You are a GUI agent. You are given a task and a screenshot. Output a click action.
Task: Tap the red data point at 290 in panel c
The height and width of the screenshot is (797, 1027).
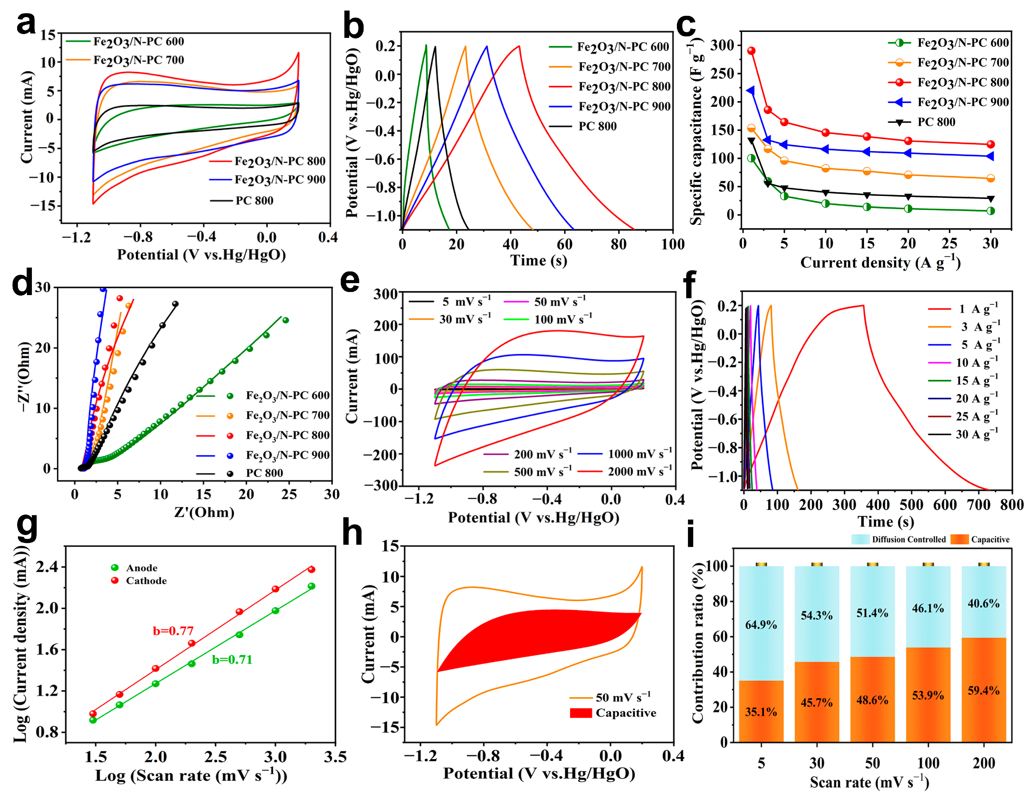point(751,51)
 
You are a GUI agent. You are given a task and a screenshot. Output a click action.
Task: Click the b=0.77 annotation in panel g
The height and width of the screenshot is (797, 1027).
point(173,631)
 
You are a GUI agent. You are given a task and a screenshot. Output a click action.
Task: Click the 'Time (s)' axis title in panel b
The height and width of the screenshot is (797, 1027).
point(539,260)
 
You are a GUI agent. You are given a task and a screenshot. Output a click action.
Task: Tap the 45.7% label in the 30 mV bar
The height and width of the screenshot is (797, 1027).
point(816,703)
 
